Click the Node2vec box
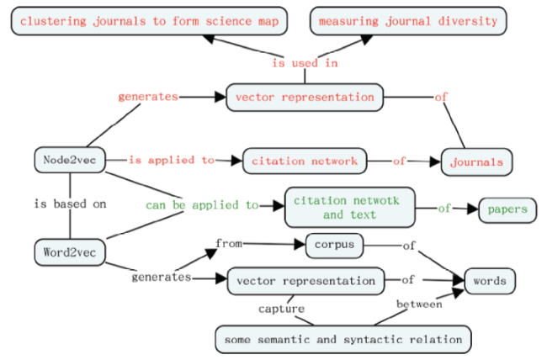point(70,160)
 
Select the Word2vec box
point(70,252)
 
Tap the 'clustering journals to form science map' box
point(149,21)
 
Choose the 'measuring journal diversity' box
point(408,21)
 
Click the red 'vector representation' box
point(305,98)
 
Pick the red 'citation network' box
point(305,161)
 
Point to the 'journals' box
point(476,161)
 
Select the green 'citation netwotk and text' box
point(350,207)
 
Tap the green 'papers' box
point(507,210)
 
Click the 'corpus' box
point(334,246)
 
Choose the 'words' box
point(490,281)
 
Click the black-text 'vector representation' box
point(305,281)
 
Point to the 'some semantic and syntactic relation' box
point(343,340)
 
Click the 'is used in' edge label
point(305,63)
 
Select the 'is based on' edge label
point(70,204)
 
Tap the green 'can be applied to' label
point(202,205)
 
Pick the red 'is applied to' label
point(172,160)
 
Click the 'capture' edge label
point(281,309)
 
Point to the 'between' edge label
point(419,304)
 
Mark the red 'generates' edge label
point(148,97)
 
